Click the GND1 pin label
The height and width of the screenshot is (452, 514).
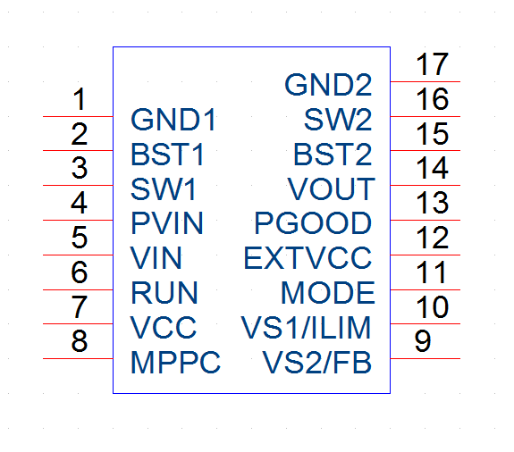173,120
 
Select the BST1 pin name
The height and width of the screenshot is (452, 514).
167,155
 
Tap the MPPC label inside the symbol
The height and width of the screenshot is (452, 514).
176,362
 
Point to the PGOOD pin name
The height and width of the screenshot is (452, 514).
313,223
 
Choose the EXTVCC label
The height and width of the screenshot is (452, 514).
308,258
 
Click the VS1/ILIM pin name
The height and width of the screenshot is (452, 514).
307,328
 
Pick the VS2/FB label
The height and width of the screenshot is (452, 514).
317,362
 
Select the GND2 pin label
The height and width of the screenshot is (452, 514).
328,85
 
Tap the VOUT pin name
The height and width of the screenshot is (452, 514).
331,188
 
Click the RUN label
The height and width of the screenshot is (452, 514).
164,292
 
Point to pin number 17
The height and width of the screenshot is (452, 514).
432,64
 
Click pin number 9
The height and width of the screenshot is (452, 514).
423,341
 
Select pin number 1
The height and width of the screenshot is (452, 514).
80,99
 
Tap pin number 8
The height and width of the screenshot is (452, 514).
80,341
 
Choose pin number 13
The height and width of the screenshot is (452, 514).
432,203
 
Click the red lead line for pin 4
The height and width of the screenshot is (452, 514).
78,220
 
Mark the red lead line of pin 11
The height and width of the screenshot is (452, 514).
426,289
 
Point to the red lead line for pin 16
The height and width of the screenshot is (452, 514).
426,116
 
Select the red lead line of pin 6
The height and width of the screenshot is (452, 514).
78,289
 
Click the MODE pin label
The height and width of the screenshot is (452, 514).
328,292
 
